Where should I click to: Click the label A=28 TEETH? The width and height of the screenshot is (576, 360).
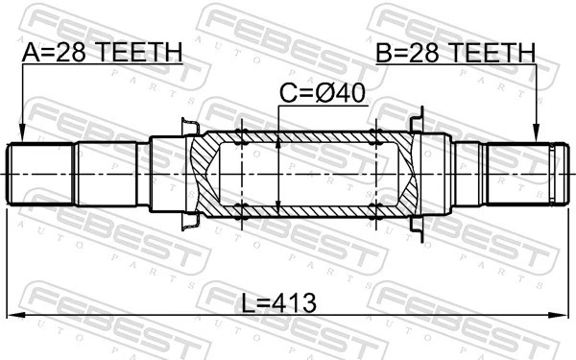coord(101,52)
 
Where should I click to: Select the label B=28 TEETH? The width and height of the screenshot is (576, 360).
coord(455,52)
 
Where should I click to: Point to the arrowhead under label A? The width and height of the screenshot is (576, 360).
coord(21,136)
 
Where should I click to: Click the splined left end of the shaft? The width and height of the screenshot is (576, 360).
coord(38,175)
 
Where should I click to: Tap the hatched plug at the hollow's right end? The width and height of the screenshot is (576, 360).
coord(405,175)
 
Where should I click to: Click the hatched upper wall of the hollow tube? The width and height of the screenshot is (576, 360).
coord(307,134)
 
